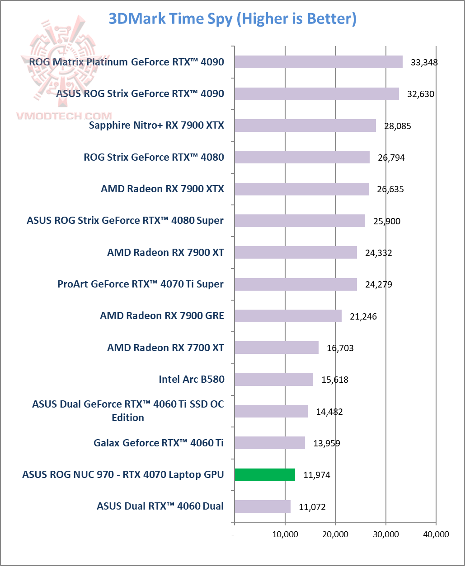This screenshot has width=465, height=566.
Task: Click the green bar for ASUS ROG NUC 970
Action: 265,475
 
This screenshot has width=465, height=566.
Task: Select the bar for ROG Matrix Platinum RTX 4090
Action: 319,62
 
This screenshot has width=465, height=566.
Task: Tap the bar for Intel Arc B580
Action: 274,380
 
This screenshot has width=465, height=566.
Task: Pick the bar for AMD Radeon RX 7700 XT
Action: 277,348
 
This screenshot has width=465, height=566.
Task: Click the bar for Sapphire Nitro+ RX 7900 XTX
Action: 305,125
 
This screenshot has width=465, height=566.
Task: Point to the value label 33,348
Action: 424,62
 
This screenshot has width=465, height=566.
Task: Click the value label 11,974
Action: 316,475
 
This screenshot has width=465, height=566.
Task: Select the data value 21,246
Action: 363,316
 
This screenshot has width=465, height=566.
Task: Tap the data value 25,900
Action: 386,221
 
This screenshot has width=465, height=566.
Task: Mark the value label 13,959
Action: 326,443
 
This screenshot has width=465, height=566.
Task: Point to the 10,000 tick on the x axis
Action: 285,534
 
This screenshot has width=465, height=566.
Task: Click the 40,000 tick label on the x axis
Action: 436,534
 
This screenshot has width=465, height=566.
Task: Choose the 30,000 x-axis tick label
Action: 385,534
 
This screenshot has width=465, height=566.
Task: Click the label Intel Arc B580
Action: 191,379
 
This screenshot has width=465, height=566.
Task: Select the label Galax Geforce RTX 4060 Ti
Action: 159,443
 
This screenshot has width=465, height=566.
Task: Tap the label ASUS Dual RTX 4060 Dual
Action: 160,506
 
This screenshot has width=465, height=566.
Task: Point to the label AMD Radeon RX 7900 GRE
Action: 162,315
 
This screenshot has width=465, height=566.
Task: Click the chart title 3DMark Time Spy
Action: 232,19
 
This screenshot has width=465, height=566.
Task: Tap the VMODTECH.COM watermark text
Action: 64,116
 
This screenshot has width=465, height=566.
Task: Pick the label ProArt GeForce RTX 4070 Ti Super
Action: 141,284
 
